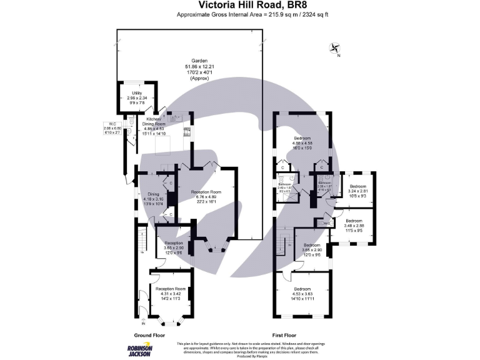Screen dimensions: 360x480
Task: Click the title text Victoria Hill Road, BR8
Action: click(x=240, y=6)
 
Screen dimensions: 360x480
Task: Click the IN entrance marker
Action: click(x=143, y=323)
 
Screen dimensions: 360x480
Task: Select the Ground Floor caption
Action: click(x=150, y=335)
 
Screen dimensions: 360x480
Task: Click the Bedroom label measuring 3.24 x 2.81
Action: click(x=358, y=190)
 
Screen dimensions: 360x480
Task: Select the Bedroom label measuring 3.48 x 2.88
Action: click(x=354, y=224)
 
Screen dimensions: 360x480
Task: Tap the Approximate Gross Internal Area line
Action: click(x=240, y=14)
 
